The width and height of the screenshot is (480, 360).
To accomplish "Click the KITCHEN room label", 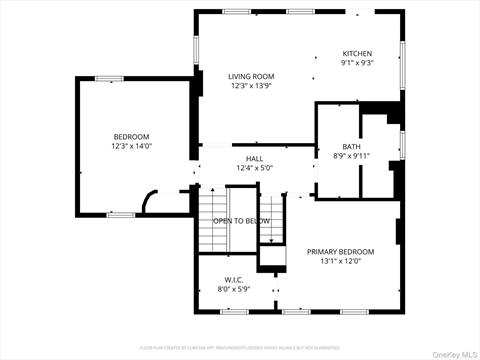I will pyautogui.click(x=357, y=54).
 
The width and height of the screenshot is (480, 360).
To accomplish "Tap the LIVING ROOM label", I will pyautogui.click(x=251, y=76).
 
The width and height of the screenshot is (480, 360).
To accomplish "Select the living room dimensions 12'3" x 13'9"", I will pyautogui.click(x=251, y=86).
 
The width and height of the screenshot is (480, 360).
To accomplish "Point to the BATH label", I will pyautogui.click(x=351, y=146).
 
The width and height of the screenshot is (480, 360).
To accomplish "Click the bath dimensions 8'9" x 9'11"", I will pyautogui.click(x=351, y=156).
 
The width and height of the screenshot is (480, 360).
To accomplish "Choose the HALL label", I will pyautogui.click(x=254, y=159).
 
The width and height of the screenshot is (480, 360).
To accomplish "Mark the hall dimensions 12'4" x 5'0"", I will pyautogui.click(x=254, y=169).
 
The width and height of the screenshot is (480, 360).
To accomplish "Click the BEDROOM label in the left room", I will pyautogui.click(x=131, y=137).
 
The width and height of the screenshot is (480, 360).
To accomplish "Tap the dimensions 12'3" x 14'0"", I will pyautogui.click(x=131, y=147).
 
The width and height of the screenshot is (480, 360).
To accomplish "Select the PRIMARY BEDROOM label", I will pyautogui.click(x=340, y=252).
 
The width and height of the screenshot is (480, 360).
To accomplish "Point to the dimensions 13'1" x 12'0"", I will pyautogui.click(x=340, y=262).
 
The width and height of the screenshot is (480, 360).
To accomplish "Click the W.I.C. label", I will pyautogui.click(x=234, y=280).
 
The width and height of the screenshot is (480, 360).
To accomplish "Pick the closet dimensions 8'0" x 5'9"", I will pyautogui.click(x=234, y=290).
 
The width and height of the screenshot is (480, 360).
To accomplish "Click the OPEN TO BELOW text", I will pyautogui.click(x=241, y=221).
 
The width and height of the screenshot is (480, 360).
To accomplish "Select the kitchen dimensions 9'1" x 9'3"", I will pyautogui.click(x=357, y=64).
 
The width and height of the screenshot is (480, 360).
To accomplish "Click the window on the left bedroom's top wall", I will pyautogui.click(x=109, y=78).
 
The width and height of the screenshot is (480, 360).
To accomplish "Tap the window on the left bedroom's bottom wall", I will pyautogui.click(x=120, y=214).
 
